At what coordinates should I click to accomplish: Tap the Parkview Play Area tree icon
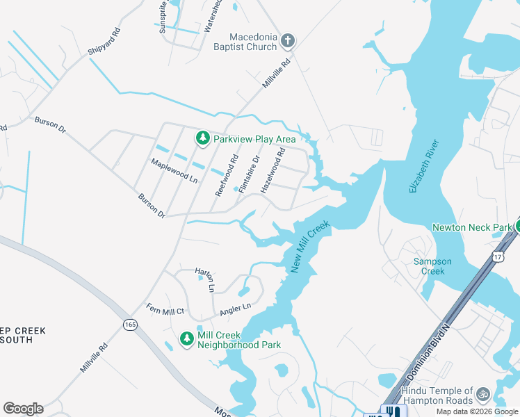[x=203, y=138]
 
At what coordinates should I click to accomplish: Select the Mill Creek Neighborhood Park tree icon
[x=186, y=339]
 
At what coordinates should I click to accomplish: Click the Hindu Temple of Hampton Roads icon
[x=483, y=395]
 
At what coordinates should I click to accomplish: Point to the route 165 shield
[x=131, y=325]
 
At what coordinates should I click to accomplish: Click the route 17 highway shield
[x=498, y=257]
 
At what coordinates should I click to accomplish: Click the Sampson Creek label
[x=432, y=266]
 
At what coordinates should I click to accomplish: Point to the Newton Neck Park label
[x=472, y=227]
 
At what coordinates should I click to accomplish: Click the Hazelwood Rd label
[x=273, y=170]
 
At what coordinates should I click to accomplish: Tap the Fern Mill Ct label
[x=165, y=309]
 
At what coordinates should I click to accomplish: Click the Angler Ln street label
[x=235, y=307]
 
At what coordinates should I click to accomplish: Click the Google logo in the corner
[x=23, y=409]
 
